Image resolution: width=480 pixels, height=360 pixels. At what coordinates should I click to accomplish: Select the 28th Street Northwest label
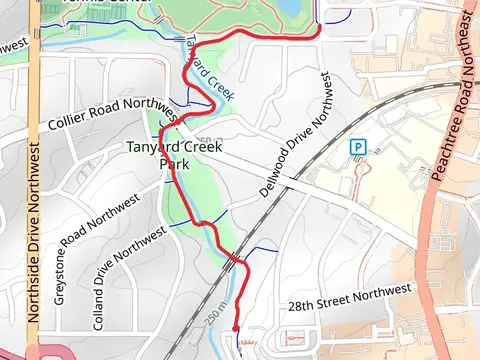(349, 297)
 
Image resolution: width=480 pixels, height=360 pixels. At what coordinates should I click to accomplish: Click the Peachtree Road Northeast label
(454, 96)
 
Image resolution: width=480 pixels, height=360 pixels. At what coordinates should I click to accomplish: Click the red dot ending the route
(235, 328)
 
